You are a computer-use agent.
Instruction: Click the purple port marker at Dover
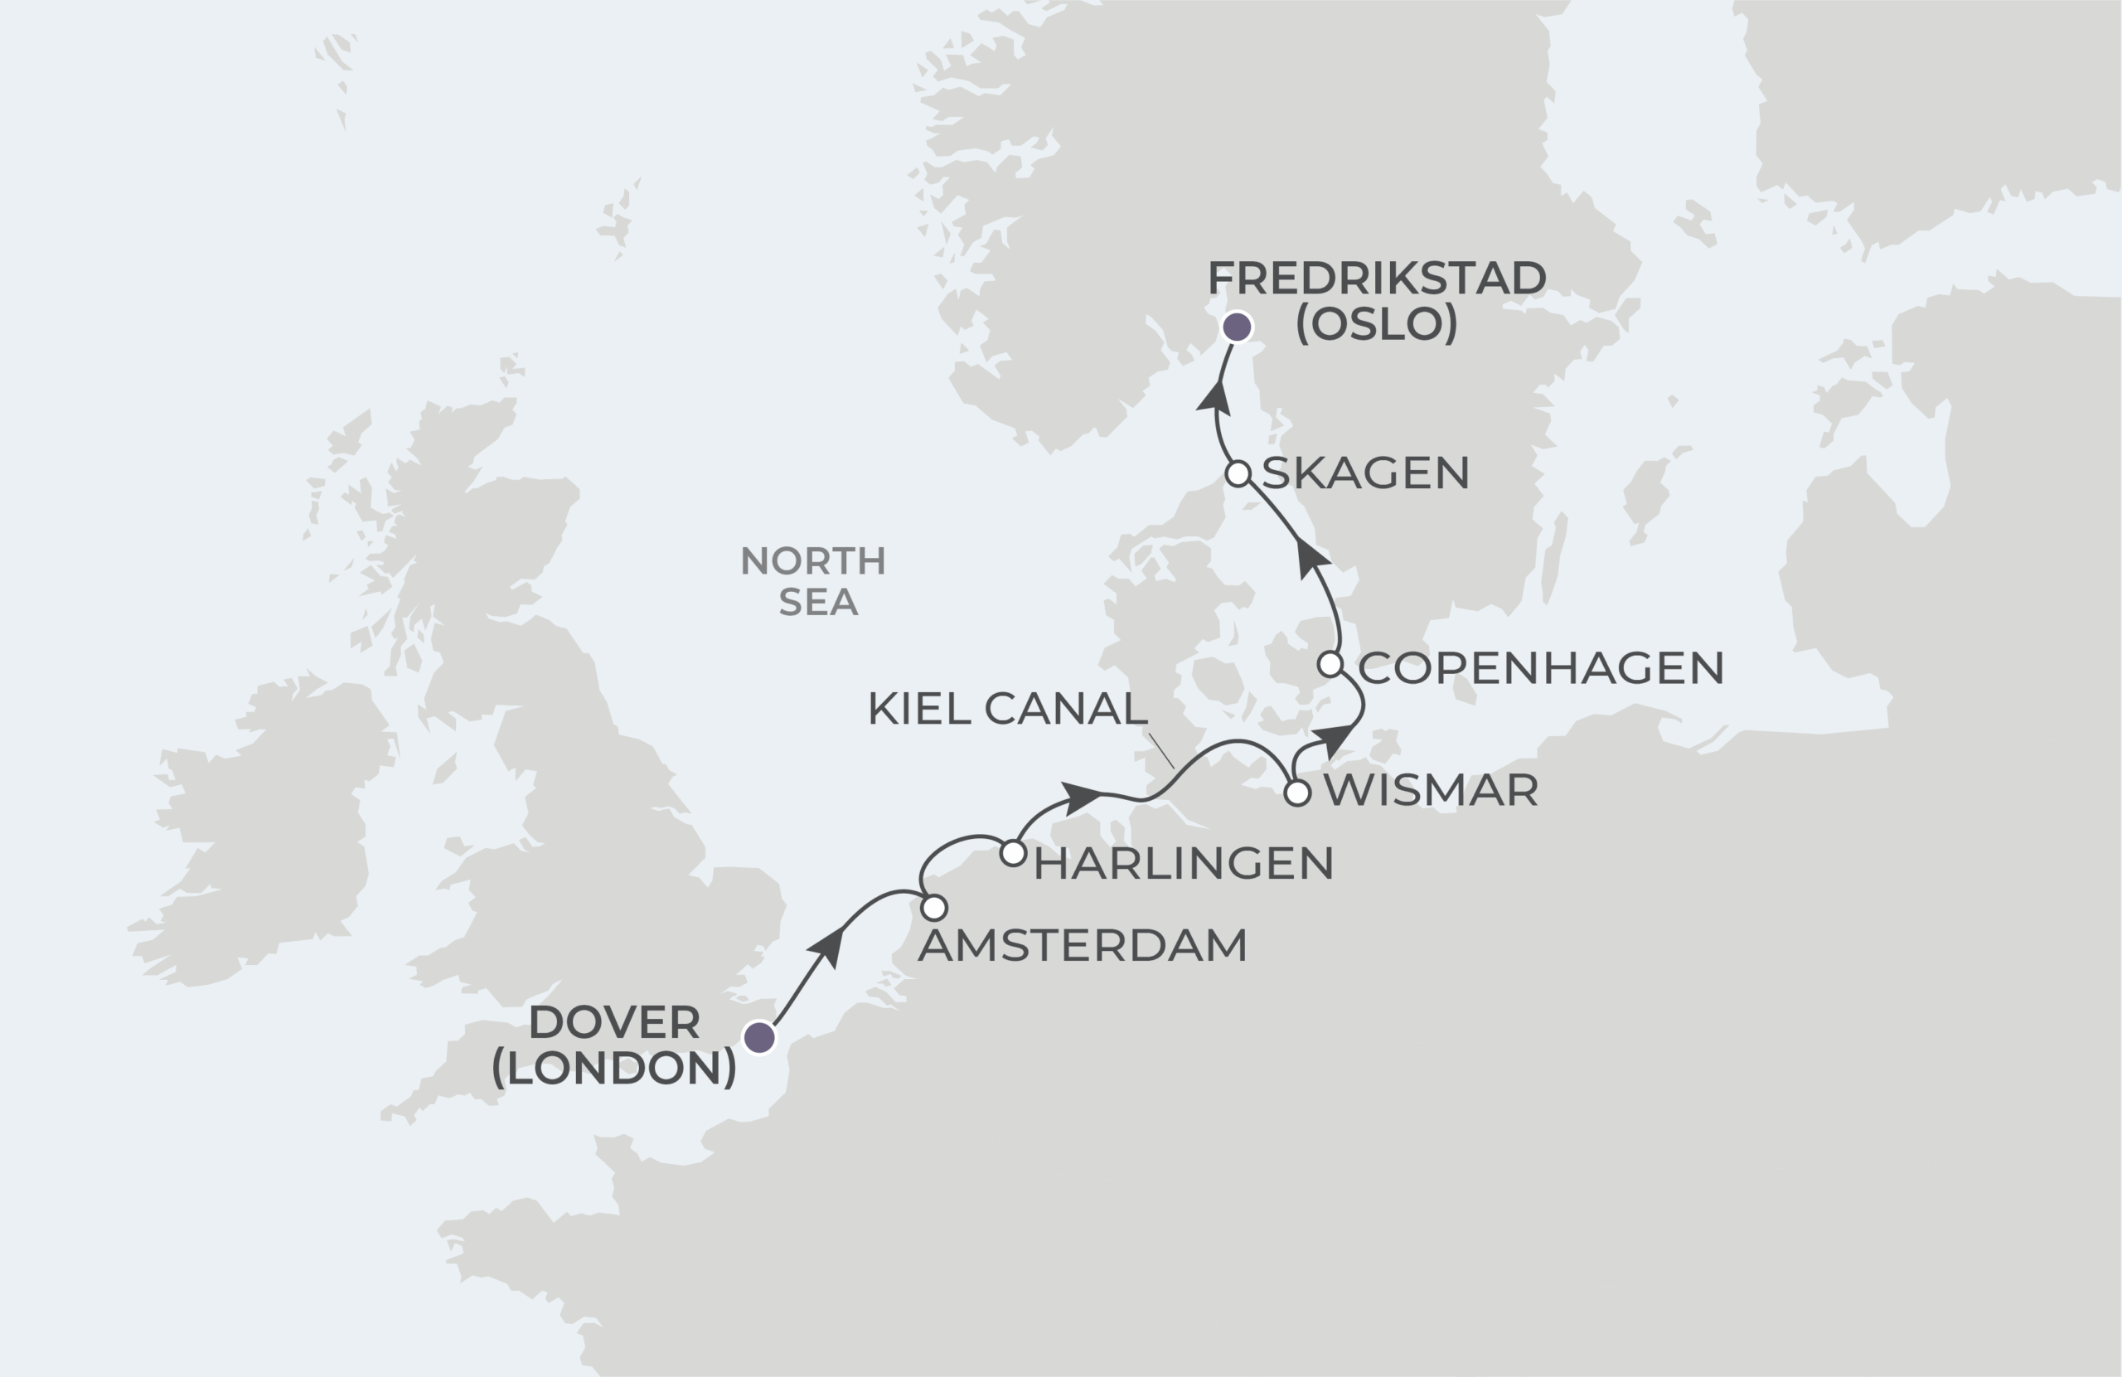coord(759,1037)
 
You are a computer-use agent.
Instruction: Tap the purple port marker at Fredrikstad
coord(1237,327)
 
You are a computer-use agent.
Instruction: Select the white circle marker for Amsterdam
coord(933,908)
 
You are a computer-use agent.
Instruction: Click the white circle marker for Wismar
coord(1297,792)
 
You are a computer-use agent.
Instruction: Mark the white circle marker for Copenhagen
coord(1330,664)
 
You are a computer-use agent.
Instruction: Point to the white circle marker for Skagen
coord(1238,473)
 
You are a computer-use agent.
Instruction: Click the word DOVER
coord(614,1023)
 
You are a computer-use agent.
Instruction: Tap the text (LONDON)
coord(614,1068)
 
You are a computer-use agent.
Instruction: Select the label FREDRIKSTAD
coord(1377,279)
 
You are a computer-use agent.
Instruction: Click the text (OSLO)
coord(1377,324)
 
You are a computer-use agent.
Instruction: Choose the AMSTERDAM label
coord(1083,946)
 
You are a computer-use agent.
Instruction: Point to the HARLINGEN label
coord(1183,864)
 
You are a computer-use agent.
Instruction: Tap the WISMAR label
coord(1431,791)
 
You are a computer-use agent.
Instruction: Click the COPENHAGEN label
coord(1541,668)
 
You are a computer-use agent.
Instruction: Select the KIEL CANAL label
coord(1006,709)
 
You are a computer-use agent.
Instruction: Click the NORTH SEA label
coord(814,581)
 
